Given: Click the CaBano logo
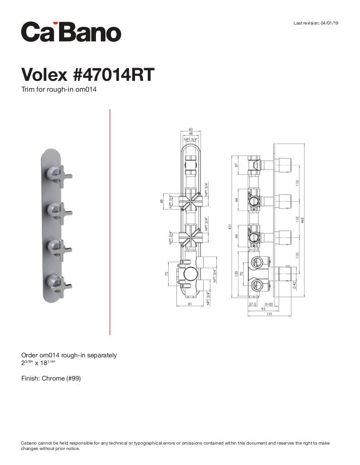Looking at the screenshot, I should click(71, 32).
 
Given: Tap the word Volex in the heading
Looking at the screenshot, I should click(44, 74).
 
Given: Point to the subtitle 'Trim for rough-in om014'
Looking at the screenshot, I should click(59, 89).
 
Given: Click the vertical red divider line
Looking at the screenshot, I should click(110, 222).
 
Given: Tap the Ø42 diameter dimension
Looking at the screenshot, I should click(295, 285).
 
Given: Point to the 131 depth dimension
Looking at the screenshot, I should click(270, 314).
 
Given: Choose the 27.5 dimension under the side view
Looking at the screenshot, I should click(253, 304).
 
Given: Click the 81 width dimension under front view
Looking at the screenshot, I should click(190, 304).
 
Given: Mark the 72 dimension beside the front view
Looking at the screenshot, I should click(167, 274).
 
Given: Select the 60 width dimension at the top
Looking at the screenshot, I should click(190, 129).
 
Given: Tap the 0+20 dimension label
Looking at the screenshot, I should click(268, 304).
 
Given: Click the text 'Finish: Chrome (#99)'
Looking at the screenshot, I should click(51, 378).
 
